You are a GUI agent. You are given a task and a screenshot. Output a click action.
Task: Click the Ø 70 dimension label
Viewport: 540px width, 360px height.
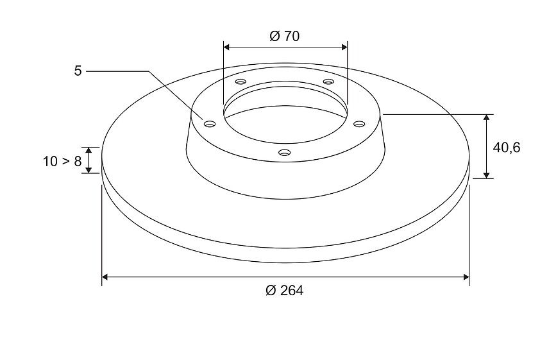(285, 36)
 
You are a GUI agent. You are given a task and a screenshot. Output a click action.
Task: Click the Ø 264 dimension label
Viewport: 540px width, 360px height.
(285, 291)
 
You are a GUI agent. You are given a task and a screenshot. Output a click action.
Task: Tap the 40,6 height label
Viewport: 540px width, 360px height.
(507, 148)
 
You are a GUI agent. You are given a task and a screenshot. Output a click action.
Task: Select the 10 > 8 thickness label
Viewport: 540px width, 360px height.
(62, 161)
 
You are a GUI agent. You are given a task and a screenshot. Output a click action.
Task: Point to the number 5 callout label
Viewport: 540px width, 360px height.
(78, 71)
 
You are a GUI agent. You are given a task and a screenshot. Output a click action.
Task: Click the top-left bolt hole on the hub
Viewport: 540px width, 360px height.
(240, 81)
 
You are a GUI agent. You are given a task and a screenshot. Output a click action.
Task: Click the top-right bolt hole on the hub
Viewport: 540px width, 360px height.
(329, 81)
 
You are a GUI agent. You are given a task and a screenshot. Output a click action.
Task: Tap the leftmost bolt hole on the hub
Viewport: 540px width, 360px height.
(209, 124)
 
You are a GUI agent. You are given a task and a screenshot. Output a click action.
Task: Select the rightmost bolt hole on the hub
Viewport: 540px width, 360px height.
(359, 123)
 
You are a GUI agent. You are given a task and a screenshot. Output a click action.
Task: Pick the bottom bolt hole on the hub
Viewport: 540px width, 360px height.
(284, 152)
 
